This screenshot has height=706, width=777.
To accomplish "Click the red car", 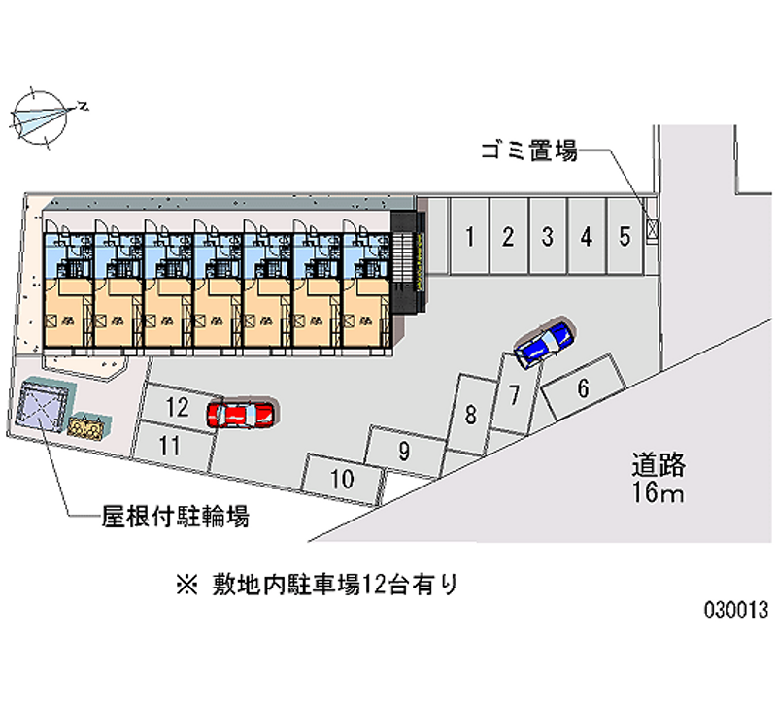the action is pyautogui.click(x=242, y=415).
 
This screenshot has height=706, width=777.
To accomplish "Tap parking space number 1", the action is pyautogui.click(x=469, y=236).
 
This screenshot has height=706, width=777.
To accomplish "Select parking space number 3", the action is pyautogui.click(x=548, y=236).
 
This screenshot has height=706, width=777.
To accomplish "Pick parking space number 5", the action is pyautogui.click(x=625, y=236).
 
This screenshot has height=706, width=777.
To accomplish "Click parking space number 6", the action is pyautogui.click(x=583, y=387).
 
